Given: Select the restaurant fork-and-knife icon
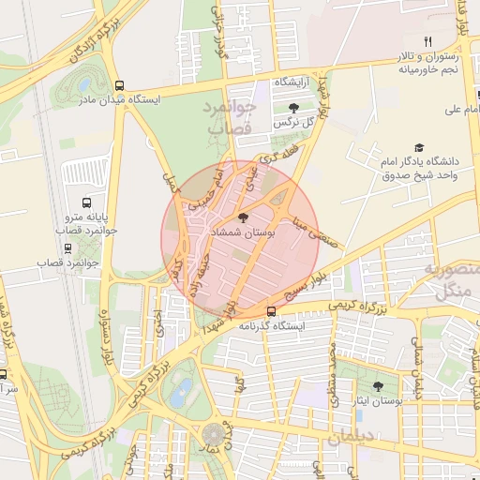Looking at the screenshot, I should point(427,41).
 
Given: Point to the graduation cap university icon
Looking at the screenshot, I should point(418,148).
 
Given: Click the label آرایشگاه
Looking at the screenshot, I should point(292,83).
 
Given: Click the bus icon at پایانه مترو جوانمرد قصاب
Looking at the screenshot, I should point(87,202).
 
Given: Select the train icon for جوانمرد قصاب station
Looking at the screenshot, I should point(67,248).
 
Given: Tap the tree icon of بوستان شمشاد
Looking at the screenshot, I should point(243,217).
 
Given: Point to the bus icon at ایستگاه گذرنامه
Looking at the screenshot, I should point(271,310).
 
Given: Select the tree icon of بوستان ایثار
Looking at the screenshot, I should point(378,385).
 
